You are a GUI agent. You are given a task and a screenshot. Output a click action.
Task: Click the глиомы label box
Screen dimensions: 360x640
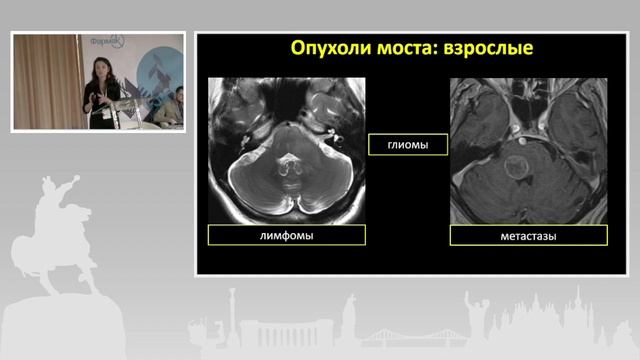click(408, 145)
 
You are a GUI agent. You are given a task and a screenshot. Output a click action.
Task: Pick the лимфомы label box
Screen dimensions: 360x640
click(287, 235)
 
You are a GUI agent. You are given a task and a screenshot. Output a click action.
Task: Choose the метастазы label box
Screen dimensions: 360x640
click(529, 236)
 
